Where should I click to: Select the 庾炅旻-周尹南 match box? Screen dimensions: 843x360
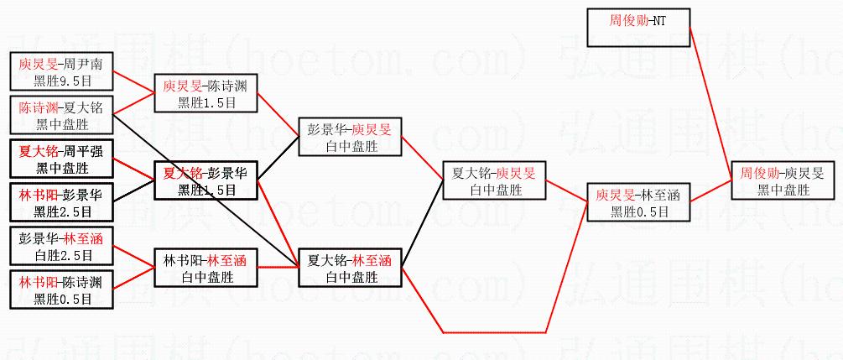(61, 71)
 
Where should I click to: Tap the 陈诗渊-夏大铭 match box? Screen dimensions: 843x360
(61, 115)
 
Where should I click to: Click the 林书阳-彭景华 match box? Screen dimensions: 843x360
(61, 202)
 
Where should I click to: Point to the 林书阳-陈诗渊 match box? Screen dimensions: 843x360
(61, 289)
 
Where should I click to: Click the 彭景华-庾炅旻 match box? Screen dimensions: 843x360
(350, 137)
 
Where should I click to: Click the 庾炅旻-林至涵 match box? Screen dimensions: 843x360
(637, 202)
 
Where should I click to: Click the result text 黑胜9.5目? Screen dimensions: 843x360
(61, 81)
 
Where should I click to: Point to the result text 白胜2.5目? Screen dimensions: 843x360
(61, 255)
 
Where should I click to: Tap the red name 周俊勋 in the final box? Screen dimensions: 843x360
(757, 172)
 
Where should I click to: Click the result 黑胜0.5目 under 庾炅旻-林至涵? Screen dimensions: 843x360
(637, 211)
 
